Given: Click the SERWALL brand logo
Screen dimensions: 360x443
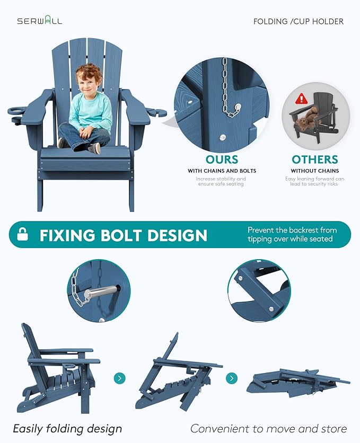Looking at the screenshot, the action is (x=40, y=21).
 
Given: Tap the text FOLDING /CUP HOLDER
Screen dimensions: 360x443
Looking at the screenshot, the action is (x=298, y=22).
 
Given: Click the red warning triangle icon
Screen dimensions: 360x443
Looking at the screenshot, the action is (x=302, y=99).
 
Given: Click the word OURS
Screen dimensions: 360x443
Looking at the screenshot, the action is (x=222, y=160).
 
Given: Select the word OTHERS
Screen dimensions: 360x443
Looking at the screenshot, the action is (x=315, y=160).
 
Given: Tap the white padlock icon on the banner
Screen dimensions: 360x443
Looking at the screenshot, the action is (x=23, y=234).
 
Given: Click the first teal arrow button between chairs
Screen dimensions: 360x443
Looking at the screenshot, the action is (x=119, y=378).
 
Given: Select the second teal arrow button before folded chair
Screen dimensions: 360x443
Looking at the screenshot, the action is (x=232, y=378).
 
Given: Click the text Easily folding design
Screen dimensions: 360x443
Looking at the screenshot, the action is (x=67, y=429).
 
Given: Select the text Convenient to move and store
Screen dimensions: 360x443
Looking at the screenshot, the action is (x=268, y=429).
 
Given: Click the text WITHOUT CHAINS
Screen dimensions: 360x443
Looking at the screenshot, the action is (x=315, y=171).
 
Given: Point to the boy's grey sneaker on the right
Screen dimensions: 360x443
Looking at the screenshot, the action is (x=95, y=148).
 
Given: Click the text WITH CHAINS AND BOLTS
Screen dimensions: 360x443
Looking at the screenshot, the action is (x=222, y=171).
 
